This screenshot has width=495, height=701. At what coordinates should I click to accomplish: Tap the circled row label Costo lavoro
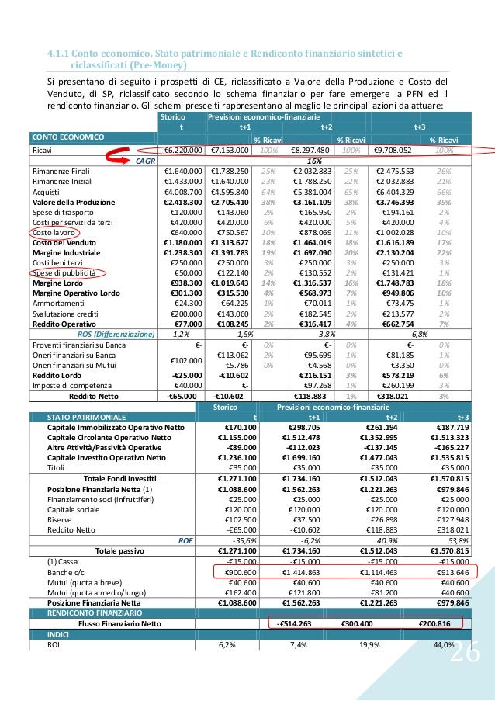pos(51,232)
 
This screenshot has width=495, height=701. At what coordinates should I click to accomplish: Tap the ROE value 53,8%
pos(454,541)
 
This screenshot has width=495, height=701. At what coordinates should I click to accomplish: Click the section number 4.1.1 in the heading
pos(57,54)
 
